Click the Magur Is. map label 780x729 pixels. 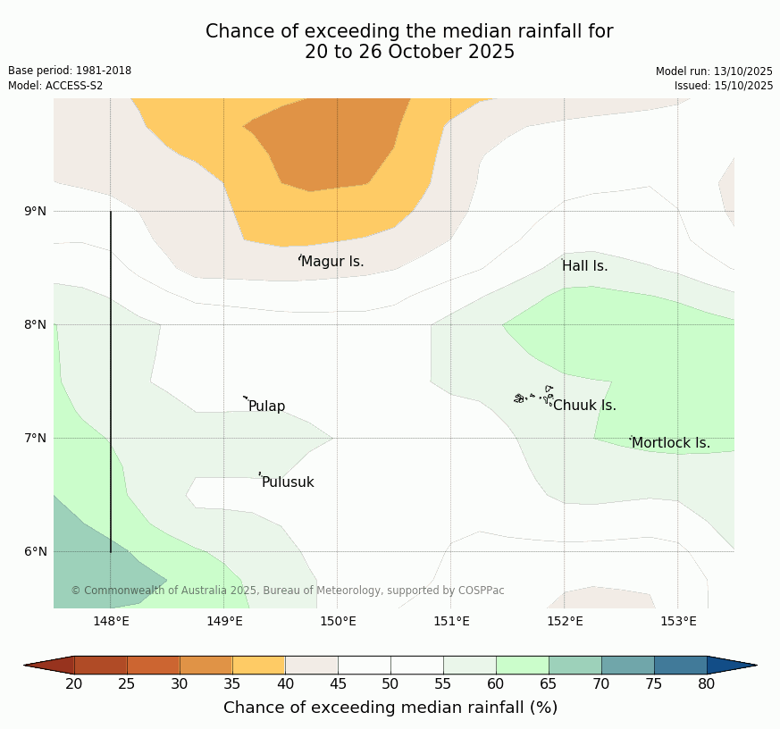point(332,262)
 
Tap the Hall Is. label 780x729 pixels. point(584,266)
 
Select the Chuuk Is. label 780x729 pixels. point(584,406)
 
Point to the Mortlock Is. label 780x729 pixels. point(671,443)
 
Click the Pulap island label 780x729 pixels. point(266,406)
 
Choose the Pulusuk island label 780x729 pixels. point(288,482)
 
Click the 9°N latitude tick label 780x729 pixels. point(36,212)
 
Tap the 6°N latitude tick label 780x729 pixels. point(36,552)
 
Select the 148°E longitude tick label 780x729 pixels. point(111,622)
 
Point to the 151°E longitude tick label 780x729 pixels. point(451,622)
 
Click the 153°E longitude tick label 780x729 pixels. point(678,622)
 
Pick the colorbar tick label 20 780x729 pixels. point(74,684)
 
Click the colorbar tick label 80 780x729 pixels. point(707,684)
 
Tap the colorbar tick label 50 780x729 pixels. point(390,684)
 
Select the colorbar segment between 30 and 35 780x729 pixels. point(206,665)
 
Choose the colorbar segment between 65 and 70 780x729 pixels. point(575,665)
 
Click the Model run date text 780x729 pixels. point(714,71)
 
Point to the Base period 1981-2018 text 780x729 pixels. point(70,71)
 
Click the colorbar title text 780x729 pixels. point(390,708)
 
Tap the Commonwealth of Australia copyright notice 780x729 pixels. point(288,591)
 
